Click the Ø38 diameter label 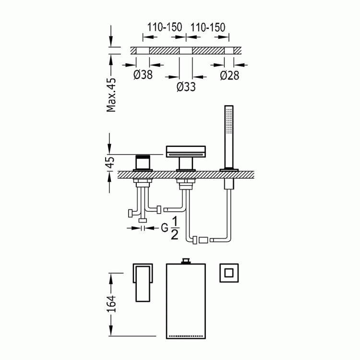pos(143,74)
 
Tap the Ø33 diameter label pos(186,87)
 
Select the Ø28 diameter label pos(229,75)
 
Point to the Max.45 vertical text pos(111,95)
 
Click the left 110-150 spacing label pos(164,27)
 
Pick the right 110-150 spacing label pos(208,27)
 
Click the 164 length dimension pos(111,304)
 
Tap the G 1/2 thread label pos(170,228)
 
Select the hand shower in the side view pos(229,138)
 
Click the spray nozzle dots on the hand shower pos(229,120)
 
